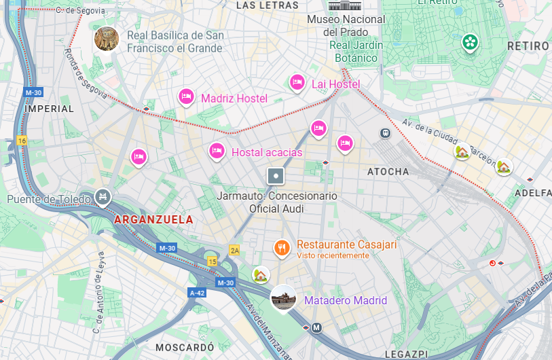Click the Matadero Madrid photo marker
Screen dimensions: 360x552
point(283,298)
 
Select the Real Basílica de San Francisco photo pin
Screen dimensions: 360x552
point(107,39)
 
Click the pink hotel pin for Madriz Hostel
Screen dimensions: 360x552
point(186,97)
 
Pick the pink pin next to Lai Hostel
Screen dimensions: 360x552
point(297,83)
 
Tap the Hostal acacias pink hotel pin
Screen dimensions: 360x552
point(217,151)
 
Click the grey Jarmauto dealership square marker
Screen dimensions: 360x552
point(276,177)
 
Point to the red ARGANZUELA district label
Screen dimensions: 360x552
point(154,220)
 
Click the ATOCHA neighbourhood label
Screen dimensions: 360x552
point(388,172)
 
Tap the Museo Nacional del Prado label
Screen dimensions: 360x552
point(346,26)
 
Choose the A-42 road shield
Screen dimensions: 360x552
point(197,293)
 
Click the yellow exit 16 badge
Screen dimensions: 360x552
point(22,141)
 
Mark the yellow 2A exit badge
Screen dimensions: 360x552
point(235,250)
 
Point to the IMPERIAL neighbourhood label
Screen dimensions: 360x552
point(49,109)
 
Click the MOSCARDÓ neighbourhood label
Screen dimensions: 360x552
point(185,347)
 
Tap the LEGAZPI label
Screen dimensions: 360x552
point(405,355)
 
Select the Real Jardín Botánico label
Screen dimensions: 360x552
point(356,52)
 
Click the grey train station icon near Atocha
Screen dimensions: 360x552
point(385,134)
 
